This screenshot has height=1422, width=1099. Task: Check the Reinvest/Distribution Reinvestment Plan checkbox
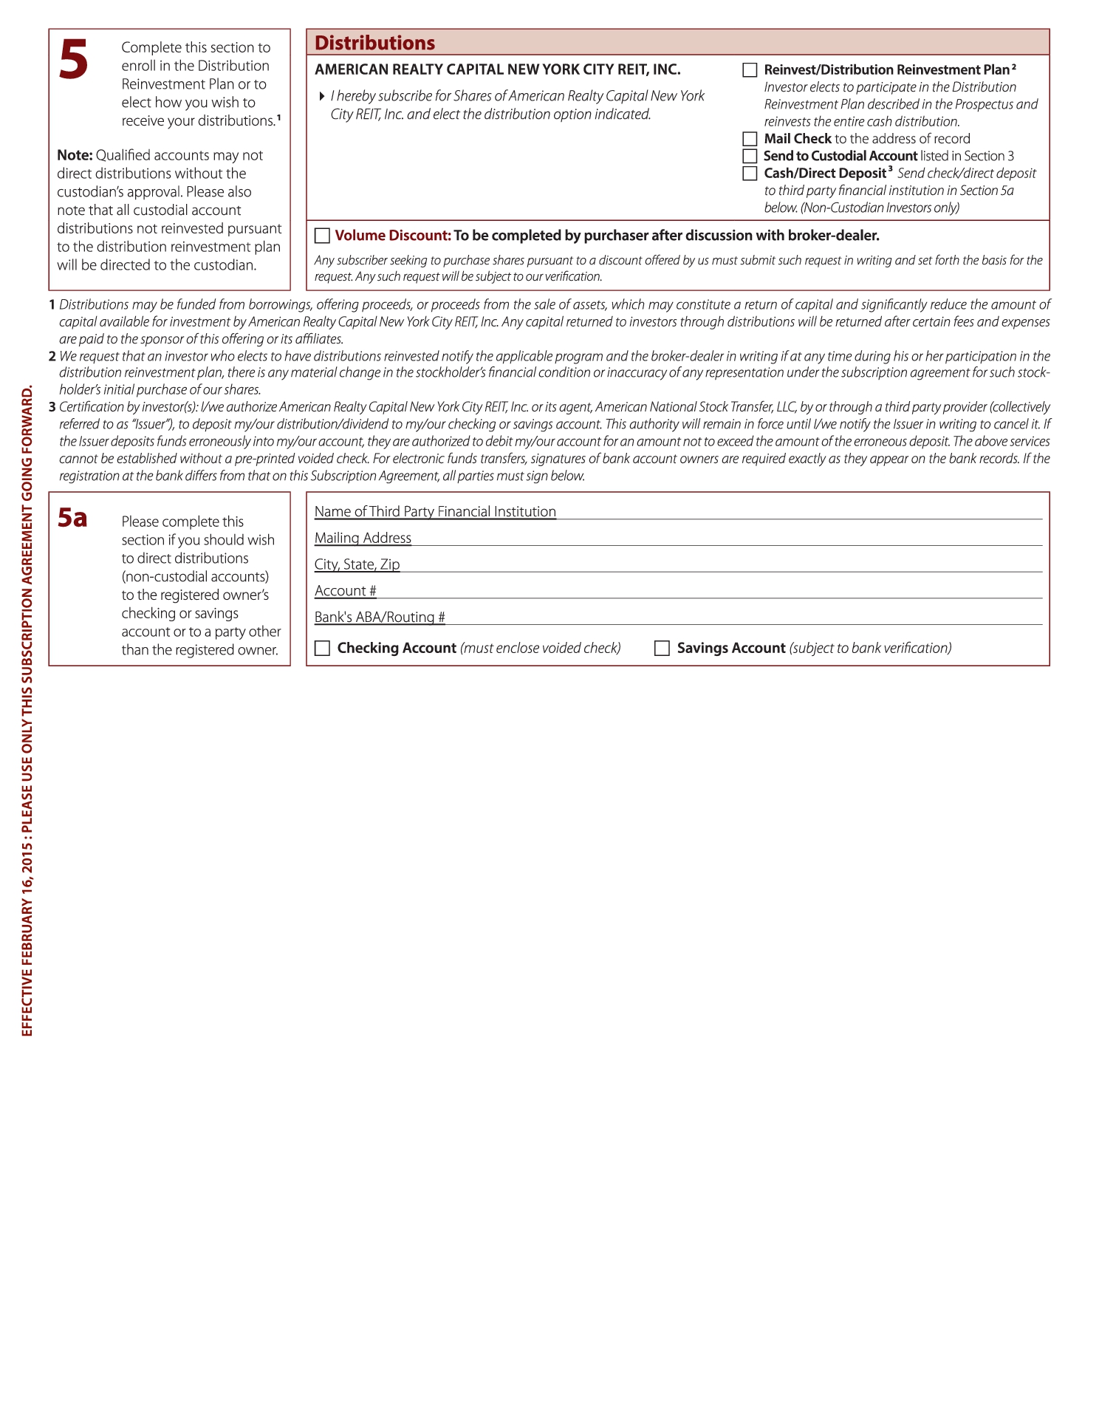tap(750, 70)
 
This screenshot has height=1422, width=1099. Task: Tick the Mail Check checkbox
tap(750, 139)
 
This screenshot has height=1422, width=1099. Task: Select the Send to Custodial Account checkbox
tap(750, 156)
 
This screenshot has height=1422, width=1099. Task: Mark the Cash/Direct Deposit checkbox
tap(750, 174)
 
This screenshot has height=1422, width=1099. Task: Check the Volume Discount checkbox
tap(322, 236)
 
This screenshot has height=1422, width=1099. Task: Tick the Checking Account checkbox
tap(322, 648)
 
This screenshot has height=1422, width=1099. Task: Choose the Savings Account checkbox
tap(662, 648)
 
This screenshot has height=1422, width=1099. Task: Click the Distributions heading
tap(374, 43)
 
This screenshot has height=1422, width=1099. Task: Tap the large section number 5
tap(73, 60)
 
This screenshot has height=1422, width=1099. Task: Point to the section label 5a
tap(72, 518)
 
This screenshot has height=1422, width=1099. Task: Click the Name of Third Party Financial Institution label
tap(435, 511)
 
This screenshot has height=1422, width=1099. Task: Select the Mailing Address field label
tap(363, 538)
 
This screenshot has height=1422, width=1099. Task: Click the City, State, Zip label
tap(357, 564)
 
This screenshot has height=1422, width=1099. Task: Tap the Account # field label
tap(345, 591)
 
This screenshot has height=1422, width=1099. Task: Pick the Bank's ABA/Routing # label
tap(380, 617)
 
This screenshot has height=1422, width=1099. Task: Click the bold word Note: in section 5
tap(75, 155)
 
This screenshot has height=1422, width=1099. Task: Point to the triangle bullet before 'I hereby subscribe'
tap(322, 96)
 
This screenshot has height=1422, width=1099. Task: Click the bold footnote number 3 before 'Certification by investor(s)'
tap(52, 407)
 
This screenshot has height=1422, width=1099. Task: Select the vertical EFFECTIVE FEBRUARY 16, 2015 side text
tap(27, 710)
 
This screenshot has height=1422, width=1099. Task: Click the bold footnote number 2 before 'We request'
tap(52, 356)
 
